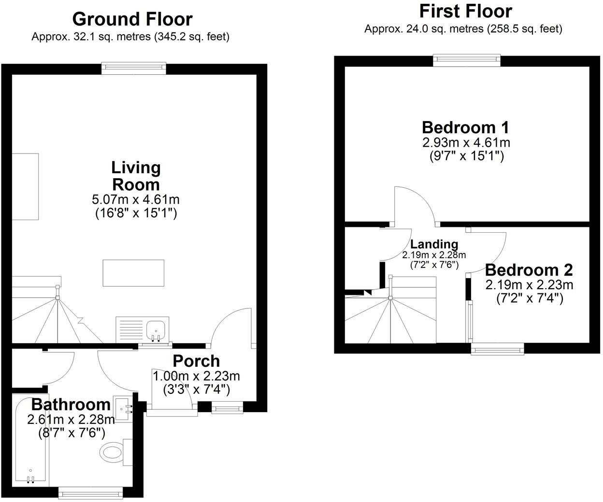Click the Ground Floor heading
132,19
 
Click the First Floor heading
465,11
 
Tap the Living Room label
136,176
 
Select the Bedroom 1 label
465,127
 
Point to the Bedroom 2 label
529,269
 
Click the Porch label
196,361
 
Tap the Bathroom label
71,404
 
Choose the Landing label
434,244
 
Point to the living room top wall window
134,69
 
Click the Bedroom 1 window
466,60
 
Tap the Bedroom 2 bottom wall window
498,349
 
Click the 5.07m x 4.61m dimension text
136,199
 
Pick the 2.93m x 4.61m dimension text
466,143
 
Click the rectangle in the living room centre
133,273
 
